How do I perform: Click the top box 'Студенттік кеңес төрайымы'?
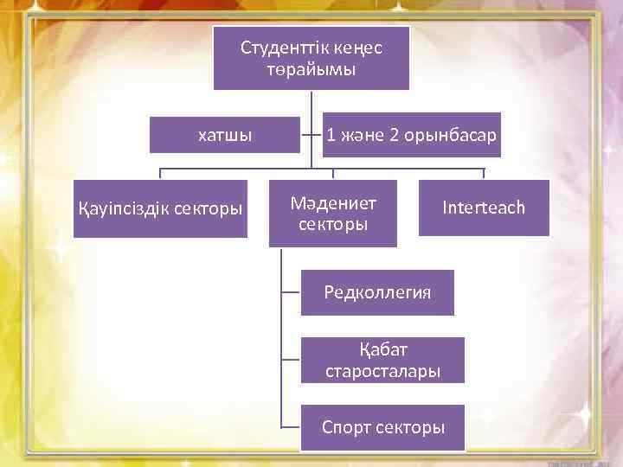311,58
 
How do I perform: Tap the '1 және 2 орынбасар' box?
412,135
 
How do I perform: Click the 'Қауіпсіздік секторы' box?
160,208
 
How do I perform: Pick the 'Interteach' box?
484,208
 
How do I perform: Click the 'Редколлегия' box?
377,291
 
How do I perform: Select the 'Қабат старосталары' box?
382,360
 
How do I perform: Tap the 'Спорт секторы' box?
382,427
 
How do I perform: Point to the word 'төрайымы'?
311,69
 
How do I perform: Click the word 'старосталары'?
382,371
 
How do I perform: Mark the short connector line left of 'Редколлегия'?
290,292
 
